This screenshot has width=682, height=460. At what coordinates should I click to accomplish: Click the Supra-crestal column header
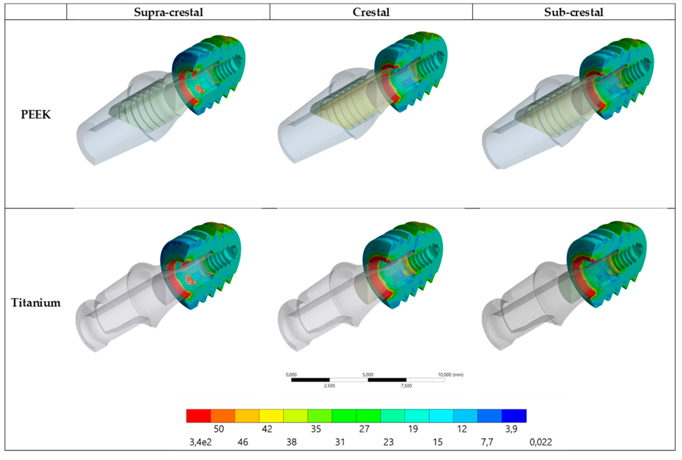(x=168, y=12)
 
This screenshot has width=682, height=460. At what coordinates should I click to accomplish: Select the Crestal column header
(x=371, y=12)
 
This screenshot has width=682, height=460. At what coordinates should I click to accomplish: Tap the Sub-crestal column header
(x=574, y=12)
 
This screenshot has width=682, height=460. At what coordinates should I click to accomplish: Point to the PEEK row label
(x=36, y=115)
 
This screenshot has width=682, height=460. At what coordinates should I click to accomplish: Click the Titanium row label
(x=36, y=303)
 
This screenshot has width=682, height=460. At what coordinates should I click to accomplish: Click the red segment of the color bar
(x=199, y=416)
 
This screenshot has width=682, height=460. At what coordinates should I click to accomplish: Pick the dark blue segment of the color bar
(x=514, y=416)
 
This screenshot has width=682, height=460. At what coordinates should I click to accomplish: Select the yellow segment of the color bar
(x=271, y=416)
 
